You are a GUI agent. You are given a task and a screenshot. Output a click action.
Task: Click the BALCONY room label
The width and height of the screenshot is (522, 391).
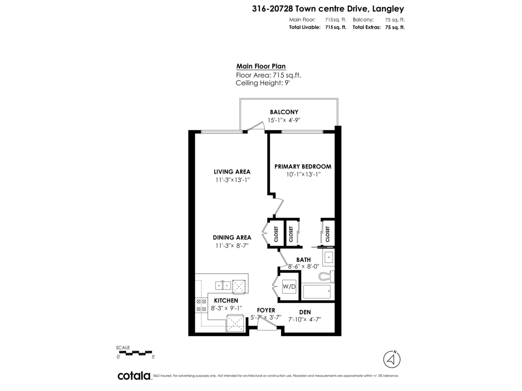coord(284,112)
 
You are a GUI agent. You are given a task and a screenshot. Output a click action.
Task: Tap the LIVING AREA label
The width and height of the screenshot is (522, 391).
coord(232,172)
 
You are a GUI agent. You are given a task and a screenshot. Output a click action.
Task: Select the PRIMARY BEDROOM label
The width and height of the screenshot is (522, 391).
coord(303,166)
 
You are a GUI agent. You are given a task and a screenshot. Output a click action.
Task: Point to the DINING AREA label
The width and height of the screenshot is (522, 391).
coord(232,238)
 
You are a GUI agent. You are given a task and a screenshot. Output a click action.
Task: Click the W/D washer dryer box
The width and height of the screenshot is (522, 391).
coord(289,287)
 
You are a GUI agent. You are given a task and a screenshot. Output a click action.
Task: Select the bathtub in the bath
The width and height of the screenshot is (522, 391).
coord(317,292)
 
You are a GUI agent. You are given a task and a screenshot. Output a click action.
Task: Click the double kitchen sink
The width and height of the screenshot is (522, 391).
coord(223,285)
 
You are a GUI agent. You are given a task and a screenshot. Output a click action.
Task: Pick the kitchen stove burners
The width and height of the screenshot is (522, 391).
coord(201,305)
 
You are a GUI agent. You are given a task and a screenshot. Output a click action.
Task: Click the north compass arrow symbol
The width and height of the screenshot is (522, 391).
coord(392,359)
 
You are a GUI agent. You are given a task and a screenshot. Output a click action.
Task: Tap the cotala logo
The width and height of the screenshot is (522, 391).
coord(134,376)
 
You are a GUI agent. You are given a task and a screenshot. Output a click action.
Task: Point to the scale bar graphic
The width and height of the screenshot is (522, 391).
coord(135,353)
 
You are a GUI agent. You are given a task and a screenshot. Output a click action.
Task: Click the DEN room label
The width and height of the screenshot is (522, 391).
coord(304,312)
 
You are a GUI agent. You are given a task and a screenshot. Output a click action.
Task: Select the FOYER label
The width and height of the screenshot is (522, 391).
coord(266,310)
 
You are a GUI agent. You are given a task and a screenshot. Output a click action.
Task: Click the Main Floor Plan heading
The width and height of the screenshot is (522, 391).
coord(261,66)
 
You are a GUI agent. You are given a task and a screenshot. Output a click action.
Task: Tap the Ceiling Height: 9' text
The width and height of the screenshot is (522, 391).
coord(262,83)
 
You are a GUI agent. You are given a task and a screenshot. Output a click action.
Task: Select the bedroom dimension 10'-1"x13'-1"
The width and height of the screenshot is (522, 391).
coord(303,175)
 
